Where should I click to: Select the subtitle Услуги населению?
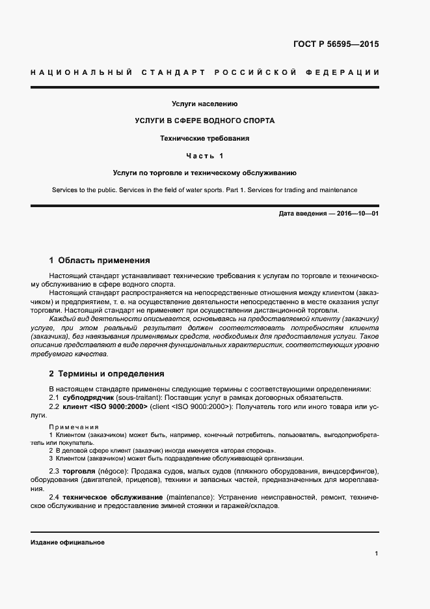[x=204, y=104]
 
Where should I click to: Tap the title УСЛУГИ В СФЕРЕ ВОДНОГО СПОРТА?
[x=204, y=121]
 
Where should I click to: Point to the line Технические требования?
[x=204, y=139]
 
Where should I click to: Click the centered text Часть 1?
[x=204, y=156]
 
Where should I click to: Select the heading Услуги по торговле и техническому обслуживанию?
[x=204, y=173]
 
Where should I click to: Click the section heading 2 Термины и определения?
[x=107, y=374]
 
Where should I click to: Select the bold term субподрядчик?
[x=88, y=397]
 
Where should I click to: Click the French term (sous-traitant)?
[x=140, y=397]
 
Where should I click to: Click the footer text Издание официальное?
[x=67, y=542]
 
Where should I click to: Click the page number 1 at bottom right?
[x=377, y=553]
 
